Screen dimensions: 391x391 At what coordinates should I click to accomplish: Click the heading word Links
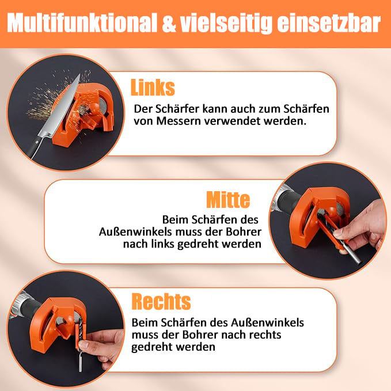pos(153,88)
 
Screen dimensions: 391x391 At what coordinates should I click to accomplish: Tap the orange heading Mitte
pos(228,200)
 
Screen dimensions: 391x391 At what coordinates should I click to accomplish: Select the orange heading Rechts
pos(161,302)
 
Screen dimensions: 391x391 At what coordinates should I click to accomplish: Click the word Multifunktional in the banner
pos(82,22)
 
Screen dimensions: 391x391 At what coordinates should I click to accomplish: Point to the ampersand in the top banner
pos(169,23)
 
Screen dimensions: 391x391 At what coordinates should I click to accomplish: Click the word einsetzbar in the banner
pos(329,22)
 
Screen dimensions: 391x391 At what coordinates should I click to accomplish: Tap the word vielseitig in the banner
pos(226,24)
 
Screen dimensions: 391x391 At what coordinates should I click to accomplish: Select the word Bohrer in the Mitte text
pos(244,232)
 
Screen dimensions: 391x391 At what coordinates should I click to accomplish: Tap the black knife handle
pos(35,147)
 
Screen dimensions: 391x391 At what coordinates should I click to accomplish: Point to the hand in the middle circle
pos(362,227)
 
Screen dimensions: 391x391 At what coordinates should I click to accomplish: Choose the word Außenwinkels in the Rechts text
pos(267,322)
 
